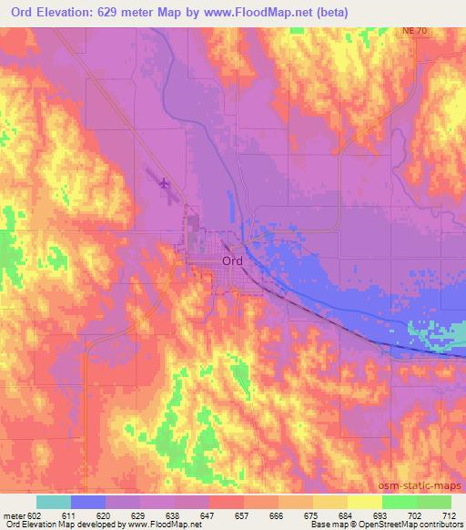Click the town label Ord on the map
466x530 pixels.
tap(232, 260)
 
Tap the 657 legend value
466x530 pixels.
tap(241, 515)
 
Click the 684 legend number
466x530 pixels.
tap(346, 515)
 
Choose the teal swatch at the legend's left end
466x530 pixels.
tap(54, 502)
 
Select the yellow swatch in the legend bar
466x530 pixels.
tap(365, 502)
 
